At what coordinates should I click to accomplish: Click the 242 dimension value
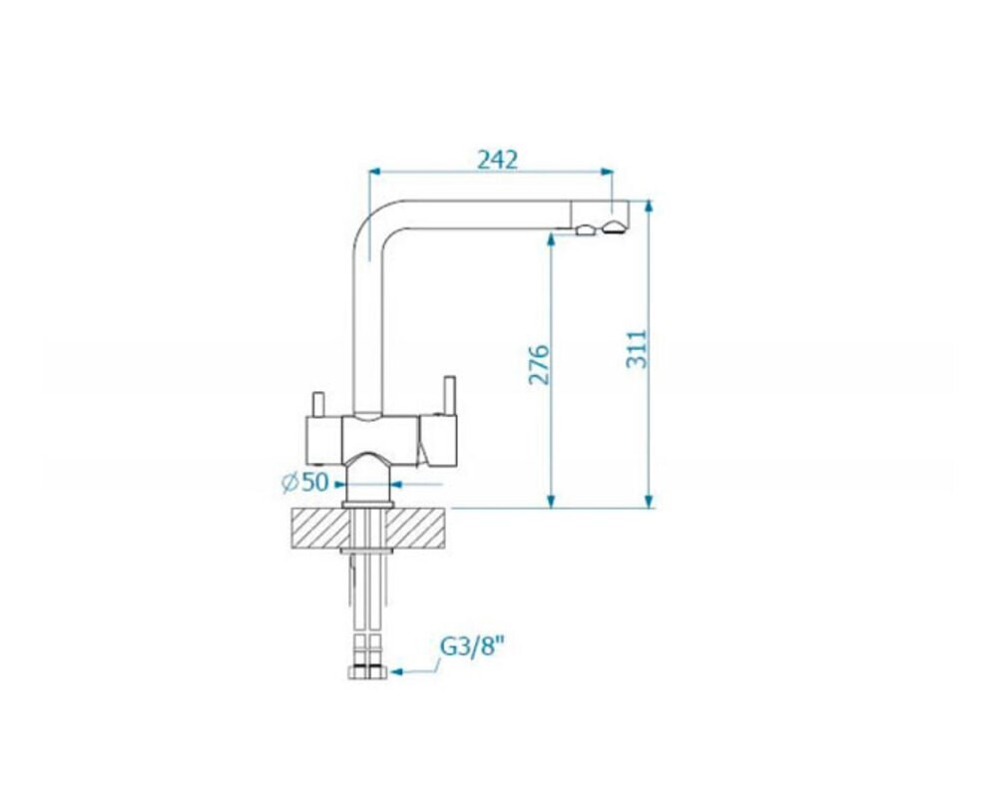[497, 160]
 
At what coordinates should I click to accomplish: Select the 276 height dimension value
[539, 365]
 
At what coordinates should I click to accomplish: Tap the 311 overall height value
[637, 348]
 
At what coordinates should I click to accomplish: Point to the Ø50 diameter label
[304, 482]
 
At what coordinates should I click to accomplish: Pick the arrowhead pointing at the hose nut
[397, 671]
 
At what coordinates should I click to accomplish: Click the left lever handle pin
[318, 404]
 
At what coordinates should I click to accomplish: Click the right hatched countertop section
[416, 528]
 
